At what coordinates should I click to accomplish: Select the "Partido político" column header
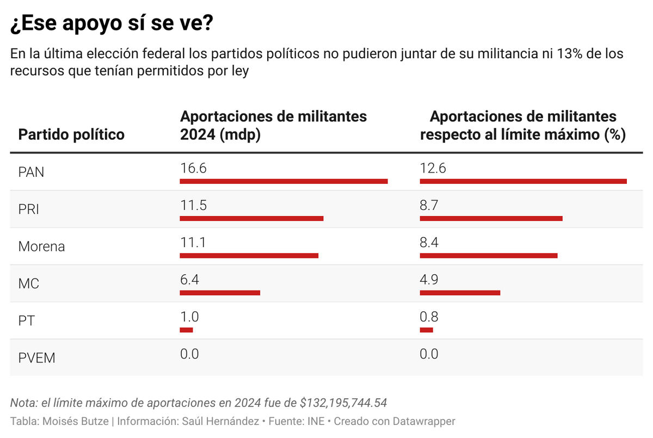(71, 134)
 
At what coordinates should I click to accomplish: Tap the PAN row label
(31, 172)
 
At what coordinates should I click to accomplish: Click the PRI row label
(29, 209)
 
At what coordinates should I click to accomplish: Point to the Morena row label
(41, 246)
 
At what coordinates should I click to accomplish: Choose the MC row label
(29, 283)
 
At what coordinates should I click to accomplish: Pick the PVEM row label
(36, 358)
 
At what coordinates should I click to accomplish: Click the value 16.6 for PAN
(193, 168)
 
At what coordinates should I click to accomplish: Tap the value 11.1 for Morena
(193, 242)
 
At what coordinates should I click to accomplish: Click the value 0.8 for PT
(429, 317)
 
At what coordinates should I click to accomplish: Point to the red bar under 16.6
(284, 181)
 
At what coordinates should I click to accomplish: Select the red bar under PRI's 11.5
(251, 218)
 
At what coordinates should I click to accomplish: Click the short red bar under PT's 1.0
(186, 330)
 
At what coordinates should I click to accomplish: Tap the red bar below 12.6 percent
(523, 181)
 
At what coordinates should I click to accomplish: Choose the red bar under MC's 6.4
(220, 293)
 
